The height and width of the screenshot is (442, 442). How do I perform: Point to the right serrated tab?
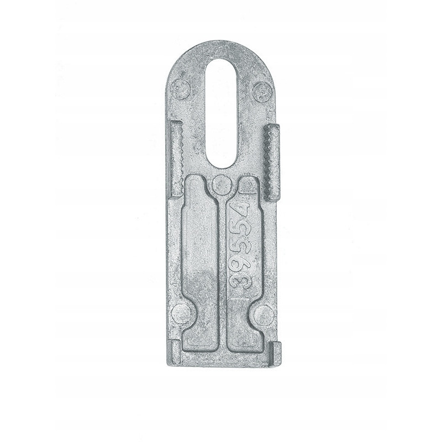pos(271,161)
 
